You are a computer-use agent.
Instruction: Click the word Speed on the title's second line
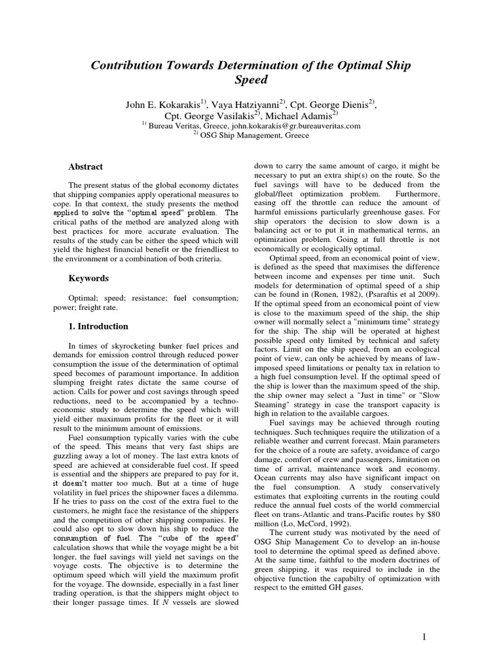click(251, 81)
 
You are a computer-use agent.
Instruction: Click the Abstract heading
click(85, 167)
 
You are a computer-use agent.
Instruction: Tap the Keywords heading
click(88, 278)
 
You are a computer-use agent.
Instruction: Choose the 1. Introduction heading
click(98, 326)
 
